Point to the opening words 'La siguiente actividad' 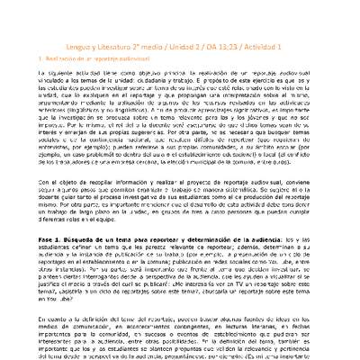click(73, 60)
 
